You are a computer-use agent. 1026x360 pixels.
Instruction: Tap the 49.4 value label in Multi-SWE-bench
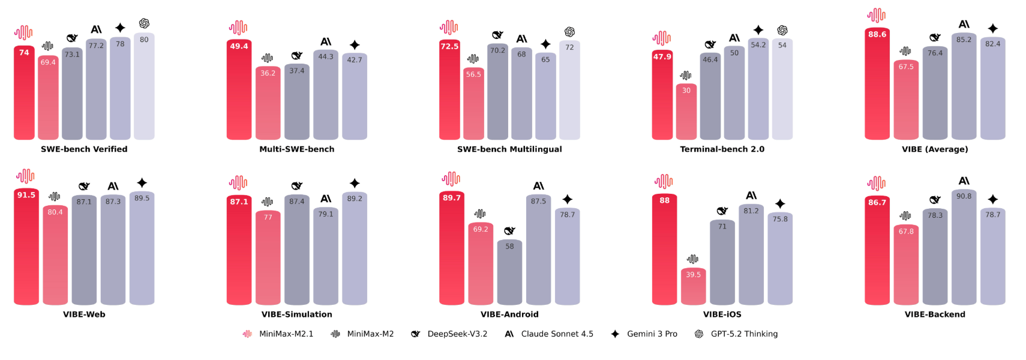point(239,46)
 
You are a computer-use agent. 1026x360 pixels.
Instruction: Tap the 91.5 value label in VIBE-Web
point(26,195)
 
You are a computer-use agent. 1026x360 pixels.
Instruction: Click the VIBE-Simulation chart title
point(296,314)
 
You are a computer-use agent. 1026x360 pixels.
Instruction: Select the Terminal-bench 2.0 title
point(722,149)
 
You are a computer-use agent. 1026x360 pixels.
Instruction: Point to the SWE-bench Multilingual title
point(509,149)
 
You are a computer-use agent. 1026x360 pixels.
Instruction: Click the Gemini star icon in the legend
point(615,334)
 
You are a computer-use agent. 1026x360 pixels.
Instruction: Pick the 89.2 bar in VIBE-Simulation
point(355,248)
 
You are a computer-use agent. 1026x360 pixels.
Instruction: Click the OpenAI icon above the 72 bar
point(569,32)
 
